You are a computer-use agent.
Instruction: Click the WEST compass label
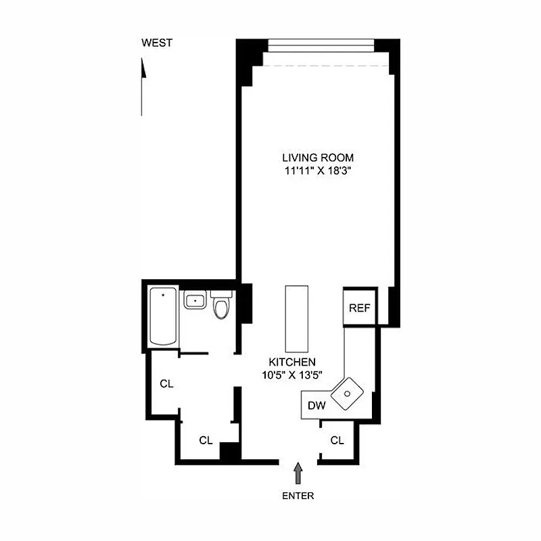click(x=157, y=43)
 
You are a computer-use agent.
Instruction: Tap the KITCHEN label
click(x=291, y=362)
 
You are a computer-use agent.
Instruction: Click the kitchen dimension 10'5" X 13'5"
click(x=291, y=376)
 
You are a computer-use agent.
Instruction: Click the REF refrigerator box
click(x=359, y=308)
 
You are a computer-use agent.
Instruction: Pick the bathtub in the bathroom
click(x=163, y=316)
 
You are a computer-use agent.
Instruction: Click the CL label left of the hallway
click(x=167, y=383)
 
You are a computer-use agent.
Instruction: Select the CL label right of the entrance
click(x=337, y=440)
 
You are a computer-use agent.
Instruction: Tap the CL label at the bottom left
click(x=206, y=440)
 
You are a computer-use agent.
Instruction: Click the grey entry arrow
click(x=298, y=472)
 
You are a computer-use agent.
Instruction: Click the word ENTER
click(x=298, y=496)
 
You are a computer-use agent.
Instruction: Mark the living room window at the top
click(x=321, y=45)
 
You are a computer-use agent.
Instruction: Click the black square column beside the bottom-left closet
click(x=230, y=451)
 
